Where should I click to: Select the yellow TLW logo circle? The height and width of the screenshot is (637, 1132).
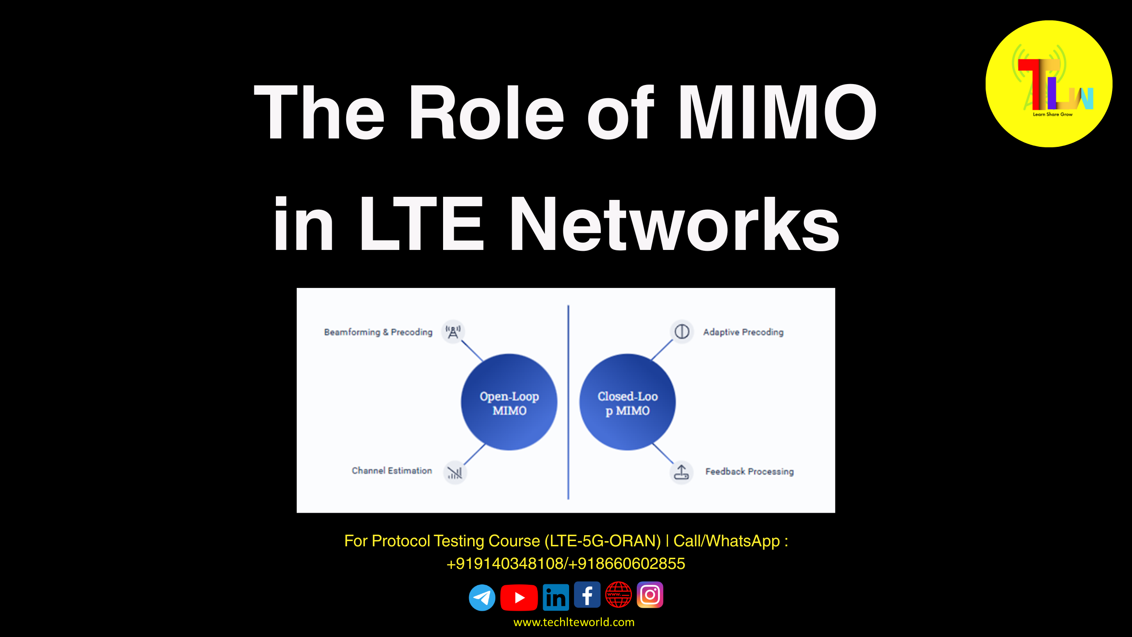(1049, 84)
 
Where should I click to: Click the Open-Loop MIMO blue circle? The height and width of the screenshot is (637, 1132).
(509, 402)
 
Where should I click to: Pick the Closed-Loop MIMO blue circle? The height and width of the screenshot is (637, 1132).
(627, 402)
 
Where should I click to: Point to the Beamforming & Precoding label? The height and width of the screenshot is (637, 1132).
(378, 332)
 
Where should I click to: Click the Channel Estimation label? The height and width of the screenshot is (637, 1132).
(392, 471)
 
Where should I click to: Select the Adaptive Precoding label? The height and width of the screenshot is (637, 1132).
(743, 332)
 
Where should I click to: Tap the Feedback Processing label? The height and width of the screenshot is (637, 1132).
(750, 472)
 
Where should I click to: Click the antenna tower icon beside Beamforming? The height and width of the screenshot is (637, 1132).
(453, 332)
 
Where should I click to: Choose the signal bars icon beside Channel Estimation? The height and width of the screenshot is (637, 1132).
(455, 473)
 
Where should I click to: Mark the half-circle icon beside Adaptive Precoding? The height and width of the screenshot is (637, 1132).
(682, 331)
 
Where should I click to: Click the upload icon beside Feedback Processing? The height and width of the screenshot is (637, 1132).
(681, 472)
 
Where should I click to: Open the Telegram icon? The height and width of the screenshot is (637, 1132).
(482, 598)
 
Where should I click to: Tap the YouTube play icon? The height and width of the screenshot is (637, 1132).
(519, 598)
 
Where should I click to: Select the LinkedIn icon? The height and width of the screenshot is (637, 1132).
(556, 598)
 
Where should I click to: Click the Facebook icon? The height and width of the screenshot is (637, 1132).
(587, 595)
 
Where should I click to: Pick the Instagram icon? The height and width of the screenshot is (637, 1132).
(650, 595)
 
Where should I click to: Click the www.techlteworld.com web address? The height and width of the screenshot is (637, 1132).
(574, 622)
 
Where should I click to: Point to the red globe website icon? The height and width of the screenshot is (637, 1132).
(619, 595)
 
